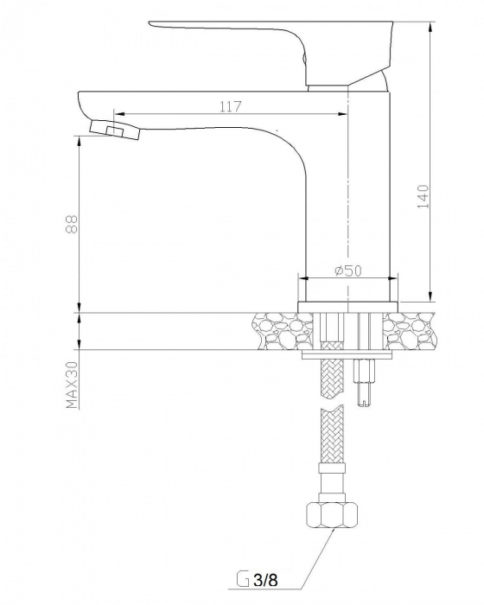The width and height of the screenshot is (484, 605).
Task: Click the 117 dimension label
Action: click(x=231, y=106)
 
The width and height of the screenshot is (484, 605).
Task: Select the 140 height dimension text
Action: click(x=423, y=196)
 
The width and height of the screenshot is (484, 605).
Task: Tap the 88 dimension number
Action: click(x=72, y=224)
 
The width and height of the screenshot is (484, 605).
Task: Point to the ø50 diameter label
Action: click(x=348, y=271)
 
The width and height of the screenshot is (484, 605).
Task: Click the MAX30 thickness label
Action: click(x=73, y=385)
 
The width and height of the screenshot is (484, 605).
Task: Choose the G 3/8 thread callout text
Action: click(x=257, y=580)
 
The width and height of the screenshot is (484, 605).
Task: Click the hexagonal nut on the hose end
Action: click(x=332, y=515)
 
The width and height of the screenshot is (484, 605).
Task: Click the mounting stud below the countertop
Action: click(x=365, y=382)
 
